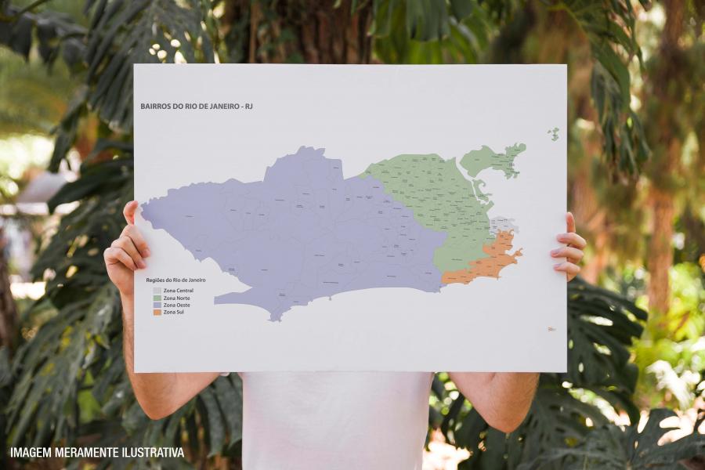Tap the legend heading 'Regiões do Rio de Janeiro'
(x=175, y=280)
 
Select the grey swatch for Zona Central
(x=157, y=291)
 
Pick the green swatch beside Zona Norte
(x=157, y=298)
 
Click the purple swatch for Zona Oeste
(x=157, y=305)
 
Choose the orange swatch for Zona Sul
(x=157, y=312)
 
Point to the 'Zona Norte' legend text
(x=177, y=298)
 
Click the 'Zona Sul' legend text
(x=174, y=312)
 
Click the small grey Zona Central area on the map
(x=503, y=226)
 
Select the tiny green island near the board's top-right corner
(x=554, y=134)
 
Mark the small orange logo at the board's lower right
(x=551, y=329)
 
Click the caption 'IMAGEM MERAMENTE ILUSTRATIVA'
(x=97, y=453)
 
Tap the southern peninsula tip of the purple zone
(x=273, y=316)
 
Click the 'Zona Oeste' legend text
(x=177, y=305)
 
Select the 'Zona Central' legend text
(x=179, y=291)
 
